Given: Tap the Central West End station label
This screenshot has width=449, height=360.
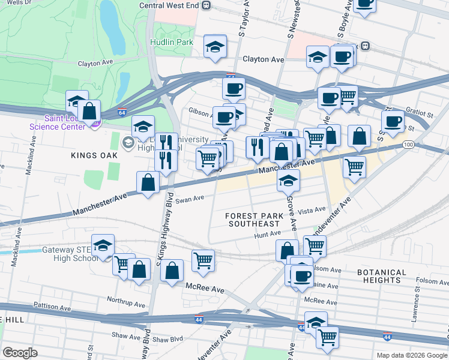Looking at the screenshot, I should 169,5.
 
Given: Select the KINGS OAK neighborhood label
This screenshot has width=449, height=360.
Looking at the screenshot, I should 93,155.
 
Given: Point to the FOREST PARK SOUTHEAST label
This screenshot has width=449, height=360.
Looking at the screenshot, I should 255,220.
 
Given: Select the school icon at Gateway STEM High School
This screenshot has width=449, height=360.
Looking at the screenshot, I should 103,246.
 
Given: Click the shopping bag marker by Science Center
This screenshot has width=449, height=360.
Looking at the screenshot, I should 89,112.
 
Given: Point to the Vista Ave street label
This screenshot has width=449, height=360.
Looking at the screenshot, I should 312,211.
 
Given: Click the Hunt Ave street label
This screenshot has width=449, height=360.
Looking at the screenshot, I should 267,234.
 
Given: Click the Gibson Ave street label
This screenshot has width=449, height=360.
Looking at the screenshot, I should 199,112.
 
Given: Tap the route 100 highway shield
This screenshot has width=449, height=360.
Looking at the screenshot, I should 409,145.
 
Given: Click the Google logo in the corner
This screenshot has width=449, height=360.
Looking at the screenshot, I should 20,353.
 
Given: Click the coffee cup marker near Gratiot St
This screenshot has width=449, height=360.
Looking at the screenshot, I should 393,121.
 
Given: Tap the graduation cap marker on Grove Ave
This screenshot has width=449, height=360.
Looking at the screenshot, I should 289,180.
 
